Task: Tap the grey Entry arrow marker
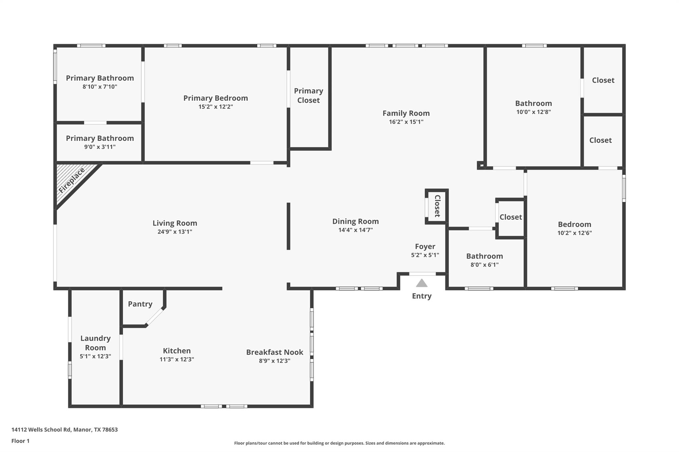click(421, 283)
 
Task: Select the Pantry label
click(140, 304)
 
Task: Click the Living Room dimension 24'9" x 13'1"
click(175, 232)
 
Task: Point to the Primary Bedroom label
click(216, 98)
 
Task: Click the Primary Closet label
click(308, 96)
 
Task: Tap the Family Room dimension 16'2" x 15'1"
click(406, 122)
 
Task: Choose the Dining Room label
click(355, 221)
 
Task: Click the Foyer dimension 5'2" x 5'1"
click(425, 255)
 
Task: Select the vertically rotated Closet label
click(437, 206)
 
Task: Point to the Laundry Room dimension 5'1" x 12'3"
click(95, 356)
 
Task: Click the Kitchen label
click(177, 351)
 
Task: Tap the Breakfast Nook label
click(275, 352)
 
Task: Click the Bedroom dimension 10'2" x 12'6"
click(574, 233)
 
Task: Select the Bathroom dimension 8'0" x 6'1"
click(484, 265)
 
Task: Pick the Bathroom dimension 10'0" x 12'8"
click(533, 112)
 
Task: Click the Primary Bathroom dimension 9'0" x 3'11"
click(99, 147)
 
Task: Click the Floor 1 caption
click(20, 441)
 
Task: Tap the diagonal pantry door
click(155, 317)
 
